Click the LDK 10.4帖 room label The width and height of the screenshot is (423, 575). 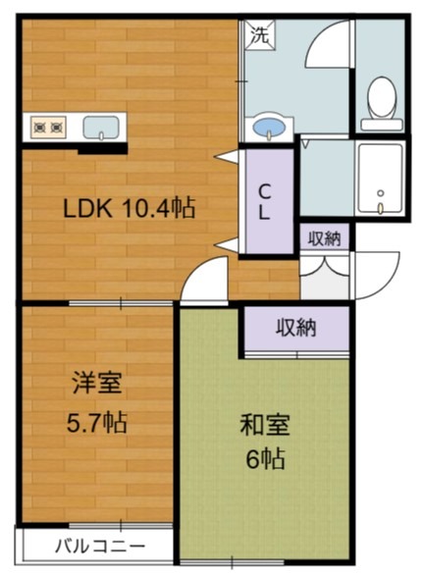click(129, 208)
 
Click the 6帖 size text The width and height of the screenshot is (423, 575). click(265, 460)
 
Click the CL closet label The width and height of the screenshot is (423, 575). click(265, 201)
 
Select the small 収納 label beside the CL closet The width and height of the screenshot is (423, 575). click(325, 237)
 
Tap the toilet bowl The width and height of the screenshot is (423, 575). click(381, 99)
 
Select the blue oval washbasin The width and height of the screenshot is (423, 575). click(267, 128)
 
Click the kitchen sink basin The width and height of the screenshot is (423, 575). click(101, 127)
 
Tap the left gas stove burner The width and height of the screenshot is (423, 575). click(40, 127)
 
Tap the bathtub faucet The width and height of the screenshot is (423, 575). click(380, 207)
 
